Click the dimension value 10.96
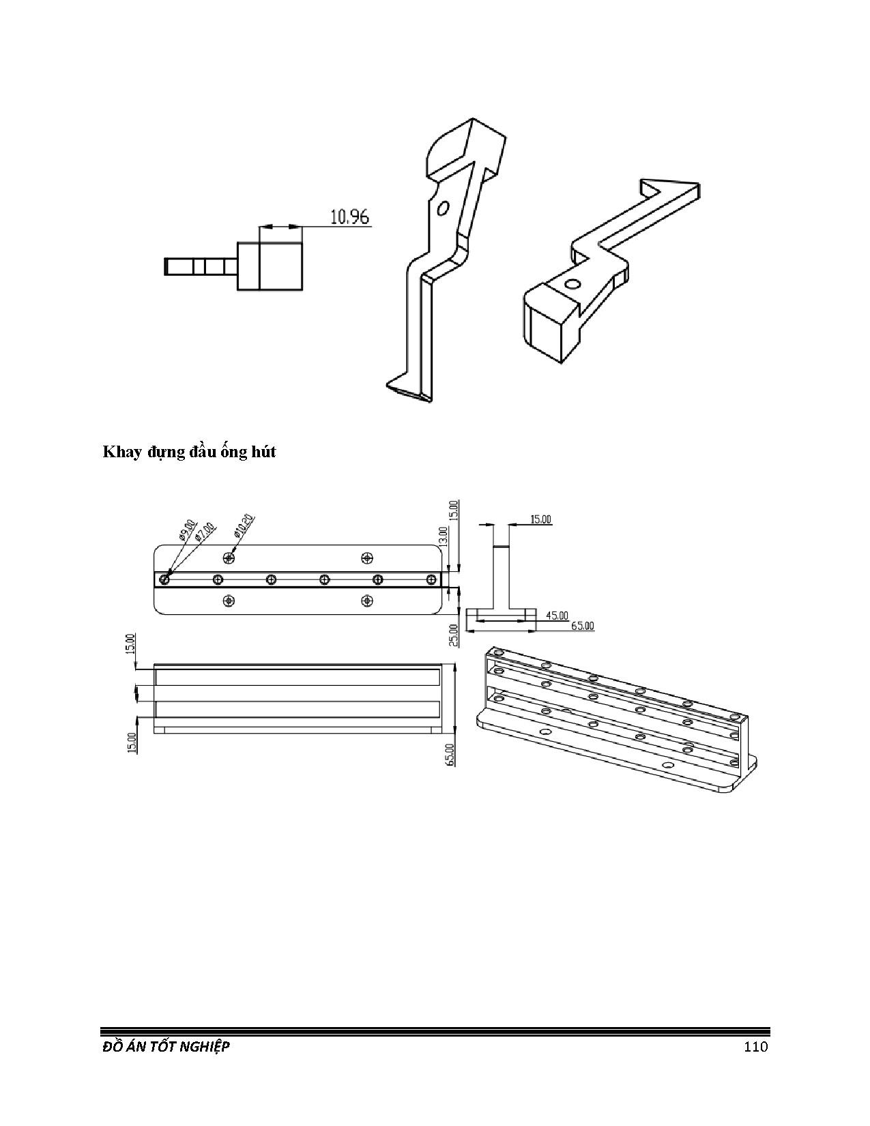349,217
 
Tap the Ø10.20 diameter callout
244,525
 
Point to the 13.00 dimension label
443,537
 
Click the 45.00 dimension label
557,616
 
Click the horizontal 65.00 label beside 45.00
582,625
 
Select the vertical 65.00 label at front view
451,754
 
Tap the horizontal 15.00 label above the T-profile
540,519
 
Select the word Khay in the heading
120,452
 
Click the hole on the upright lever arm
442,207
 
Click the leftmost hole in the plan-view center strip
164,580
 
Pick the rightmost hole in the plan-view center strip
431,580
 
